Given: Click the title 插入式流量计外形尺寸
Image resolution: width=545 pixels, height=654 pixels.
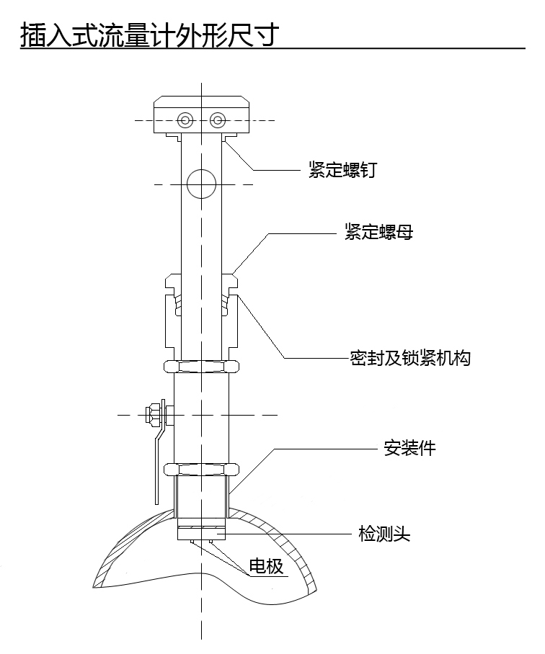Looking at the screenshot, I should coord(149,34).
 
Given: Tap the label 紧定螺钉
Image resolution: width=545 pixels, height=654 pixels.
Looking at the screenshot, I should coord(342,171).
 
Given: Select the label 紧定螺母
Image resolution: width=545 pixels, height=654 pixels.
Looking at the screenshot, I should coord(378,232).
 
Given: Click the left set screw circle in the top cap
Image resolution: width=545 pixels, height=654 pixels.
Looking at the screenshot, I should coord(187,120).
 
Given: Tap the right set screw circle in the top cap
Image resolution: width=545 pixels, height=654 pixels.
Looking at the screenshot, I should coord(216,120).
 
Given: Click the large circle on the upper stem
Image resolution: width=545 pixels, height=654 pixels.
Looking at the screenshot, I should coord(201,184).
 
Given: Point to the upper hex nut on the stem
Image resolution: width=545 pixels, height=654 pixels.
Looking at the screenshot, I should coord(201,366).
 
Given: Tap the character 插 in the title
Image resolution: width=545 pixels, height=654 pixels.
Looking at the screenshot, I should coord(32,34).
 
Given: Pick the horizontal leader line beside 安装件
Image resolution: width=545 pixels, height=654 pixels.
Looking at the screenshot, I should coord(324,448).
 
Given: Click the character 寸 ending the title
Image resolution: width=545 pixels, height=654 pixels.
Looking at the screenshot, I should coord(265,34).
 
